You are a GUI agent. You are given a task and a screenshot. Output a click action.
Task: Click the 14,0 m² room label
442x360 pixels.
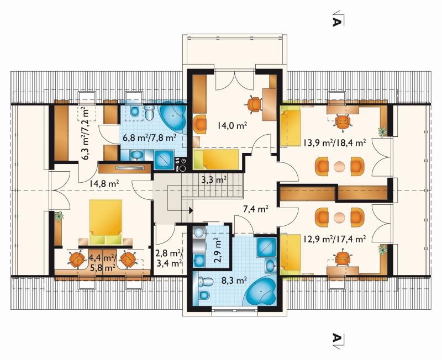click(232, 125)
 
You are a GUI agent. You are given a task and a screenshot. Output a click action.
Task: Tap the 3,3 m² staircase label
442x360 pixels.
click(214, 179)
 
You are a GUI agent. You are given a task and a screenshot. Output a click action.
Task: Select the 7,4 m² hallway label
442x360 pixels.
click(255, 209)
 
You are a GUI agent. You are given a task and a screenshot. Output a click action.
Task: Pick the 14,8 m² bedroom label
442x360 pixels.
click(104, 184)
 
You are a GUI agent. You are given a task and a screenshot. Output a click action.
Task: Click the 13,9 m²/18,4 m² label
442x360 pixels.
click(335, 142)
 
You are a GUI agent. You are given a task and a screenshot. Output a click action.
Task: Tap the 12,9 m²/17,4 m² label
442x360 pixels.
click(335, 240)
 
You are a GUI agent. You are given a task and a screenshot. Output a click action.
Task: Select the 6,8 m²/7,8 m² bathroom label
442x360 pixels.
click(150, 137)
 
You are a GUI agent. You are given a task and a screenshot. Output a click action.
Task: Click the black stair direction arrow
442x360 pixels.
click(191, 210)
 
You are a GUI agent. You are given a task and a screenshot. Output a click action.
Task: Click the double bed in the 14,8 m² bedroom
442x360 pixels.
click(106, 222)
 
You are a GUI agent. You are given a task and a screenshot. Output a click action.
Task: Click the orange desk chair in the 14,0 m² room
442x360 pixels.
click(255, 104)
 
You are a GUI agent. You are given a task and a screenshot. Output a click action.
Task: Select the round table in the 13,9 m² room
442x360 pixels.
click(339, 167)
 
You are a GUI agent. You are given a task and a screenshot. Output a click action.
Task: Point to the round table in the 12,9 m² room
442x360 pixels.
click(339, 218)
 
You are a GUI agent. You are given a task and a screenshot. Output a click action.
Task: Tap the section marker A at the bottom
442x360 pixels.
click(336, 338)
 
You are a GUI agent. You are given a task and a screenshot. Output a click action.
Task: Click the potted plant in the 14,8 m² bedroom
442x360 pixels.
click(59, 216)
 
